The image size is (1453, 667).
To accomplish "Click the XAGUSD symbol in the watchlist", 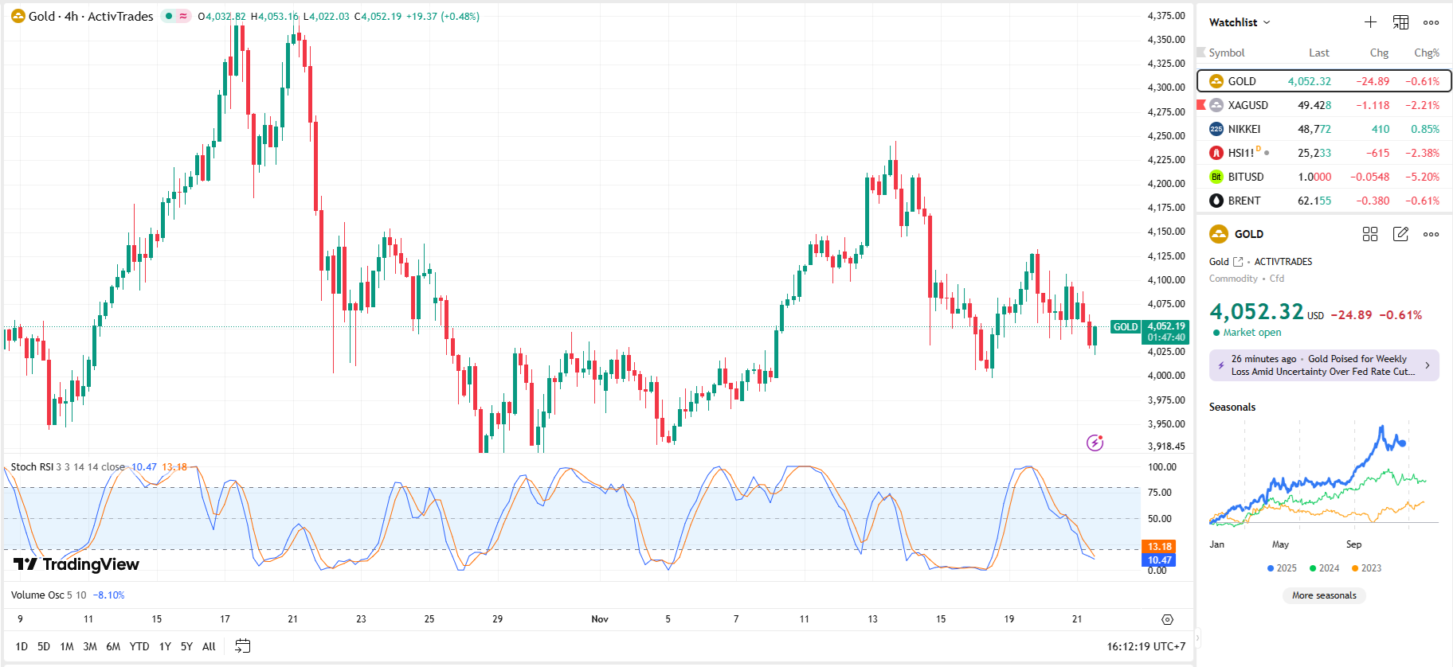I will coord(1247,105).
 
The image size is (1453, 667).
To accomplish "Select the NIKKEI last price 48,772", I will coord(1314,129).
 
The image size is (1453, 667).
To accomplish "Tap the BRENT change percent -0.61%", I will coord(1422,201).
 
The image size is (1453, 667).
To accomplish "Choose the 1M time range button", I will coord(67,646).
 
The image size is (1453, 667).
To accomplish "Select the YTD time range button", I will coord(139,646).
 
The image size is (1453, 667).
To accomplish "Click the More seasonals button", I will coord(1324,595).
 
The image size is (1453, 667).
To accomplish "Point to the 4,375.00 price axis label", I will coord(1166,16).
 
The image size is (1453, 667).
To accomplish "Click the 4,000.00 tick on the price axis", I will coord(1166,376).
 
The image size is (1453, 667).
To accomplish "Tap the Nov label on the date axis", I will coord(600,619).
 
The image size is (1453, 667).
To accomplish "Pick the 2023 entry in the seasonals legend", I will coord(1366,568).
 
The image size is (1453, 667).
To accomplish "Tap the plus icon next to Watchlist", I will coord(1370,22).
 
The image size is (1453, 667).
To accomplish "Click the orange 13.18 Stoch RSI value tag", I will coord(1159,547).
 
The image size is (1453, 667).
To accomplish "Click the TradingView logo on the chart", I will coord(76,564).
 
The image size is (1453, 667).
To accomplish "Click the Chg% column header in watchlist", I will coord(1426,53).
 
